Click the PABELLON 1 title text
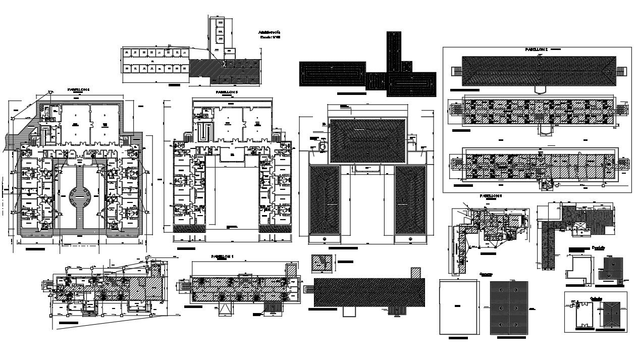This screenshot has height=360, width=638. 223,256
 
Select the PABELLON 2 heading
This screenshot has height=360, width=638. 537,50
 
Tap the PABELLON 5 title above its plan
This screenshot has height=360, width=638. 227,93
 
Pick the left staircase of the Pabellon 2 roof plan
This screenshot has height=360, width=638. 456,71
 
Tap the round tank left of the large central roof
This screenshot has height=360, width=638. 321,146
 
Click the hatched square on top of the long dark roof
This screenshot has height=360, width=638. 415,272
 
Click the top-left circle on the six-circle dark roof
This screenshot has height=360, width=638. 500,291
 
